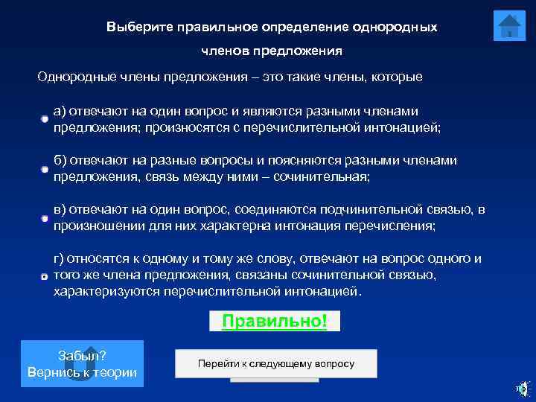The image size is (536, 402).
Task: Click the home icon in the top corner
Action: pos(509,26)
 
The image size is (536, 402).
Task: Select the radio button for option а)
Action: pos(45,119)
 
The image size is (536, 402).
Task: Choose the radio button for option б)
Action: pos(45,169)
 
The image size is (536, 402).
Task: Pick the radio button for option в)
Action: pos(45,218)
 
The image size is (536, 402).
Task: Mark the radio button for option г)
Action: pos(45,276)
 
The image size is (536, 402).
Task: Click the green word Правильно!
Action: pos(275,321)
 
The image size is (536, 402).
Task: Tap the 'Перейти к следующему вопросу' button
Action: pos(275,364)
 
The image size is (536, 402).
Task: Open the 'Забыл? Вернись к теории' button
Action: pos(82,364)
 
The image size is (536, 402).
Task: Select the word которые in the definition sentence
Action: pos(398,77)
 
